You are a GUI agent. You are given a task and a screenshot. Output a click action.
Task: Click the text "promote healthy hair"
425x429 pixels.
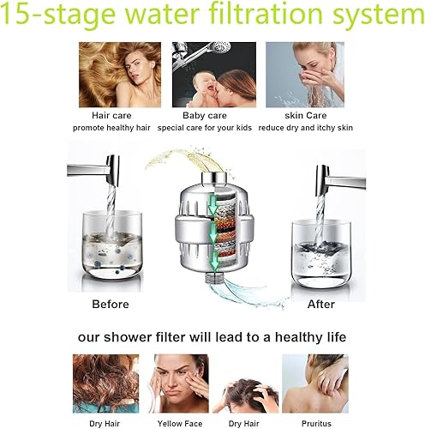click(112, 128)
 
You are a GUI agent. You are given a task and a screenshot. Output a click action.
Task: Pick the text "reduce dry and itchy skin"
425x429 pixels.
click(305, 128)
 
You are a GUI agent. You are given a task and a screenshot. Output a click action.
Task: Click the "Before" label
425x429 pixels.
click(111, 304)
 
